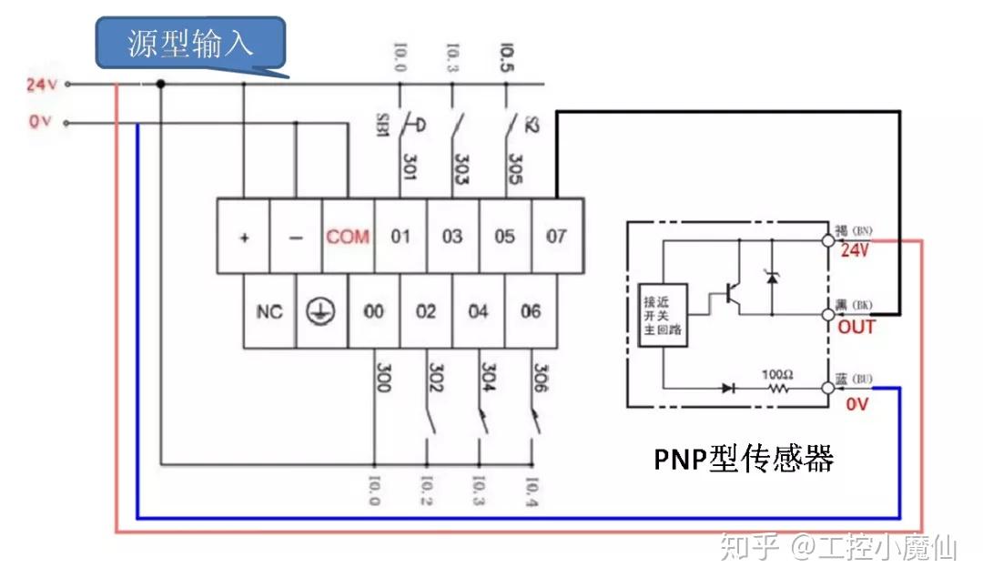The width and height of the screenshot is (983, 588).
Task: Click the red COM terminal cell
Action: point(348,237)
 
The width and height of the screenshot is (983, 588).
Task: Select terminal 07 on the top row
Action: point(556,237)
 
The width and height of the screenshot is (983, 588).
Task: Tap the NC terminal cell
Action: point(269,311)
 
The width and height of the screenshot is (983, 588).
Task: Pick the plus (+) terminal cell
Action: point(243,237)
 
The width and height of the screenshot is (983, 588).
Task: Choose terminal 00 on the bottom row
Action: point(374,311)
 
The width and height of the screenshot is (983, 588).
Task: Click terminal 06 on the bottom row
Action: point(531,311)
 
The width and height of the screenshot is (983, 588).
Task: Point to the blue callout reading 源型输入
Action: point(191,44)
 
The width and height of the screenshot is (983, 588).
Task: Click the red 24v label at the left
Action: point(42,85)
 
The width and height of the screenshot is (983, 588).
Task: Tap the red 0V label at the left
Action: point(39,122)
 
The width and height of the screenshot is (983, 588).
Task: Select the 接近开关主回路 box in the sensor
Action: point(664,314)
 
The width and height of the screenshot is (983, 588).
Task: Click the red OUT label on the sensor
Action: point(856,327)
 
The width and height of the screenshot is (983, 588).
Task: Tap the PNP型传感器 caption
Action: point(744,458)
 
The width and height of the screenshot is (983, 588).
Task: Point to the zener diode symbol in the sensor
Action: point(772,275)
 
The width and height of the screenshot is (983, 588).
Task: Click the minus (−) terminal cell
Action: point(296,237)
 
